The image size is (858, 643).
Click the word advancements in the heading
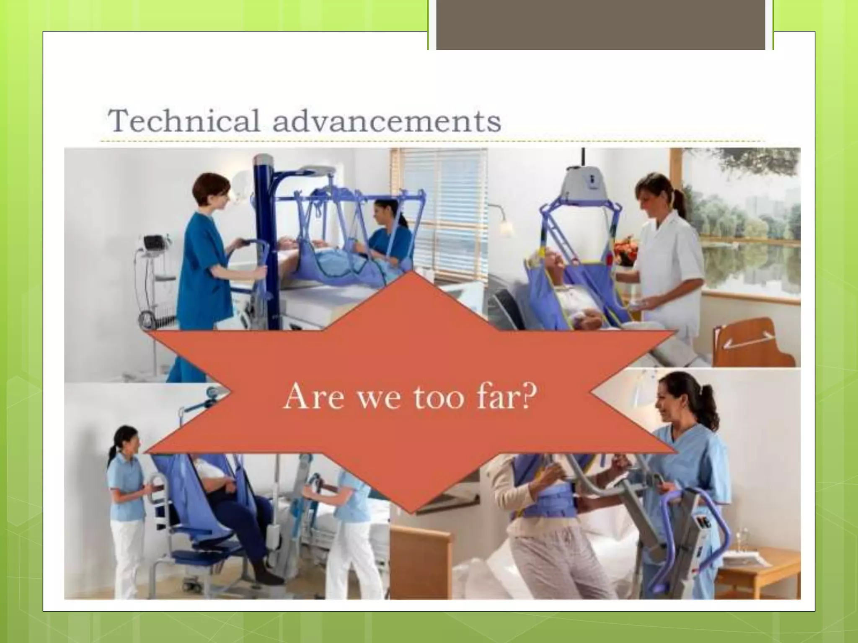click(x=386, y=121)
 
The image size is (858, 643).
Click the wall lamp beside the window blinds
click(x=505, y=226)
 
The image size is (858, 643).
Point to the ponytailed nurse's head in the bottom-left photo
click(x=125, y=442)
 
